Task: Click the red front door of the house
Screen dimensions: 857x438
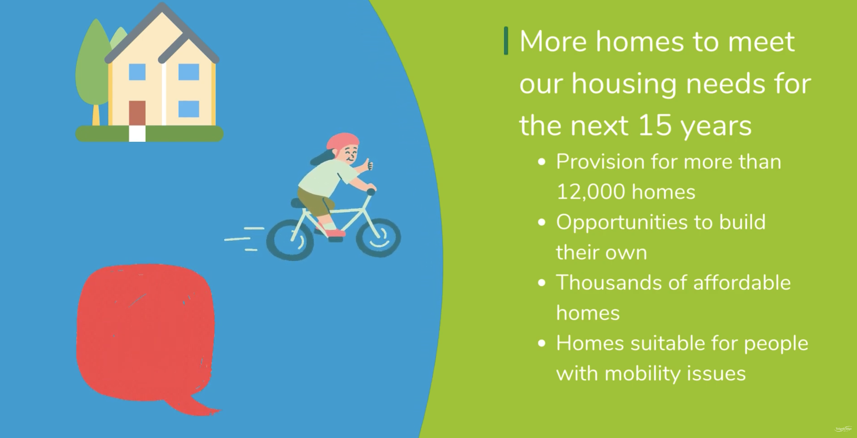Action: click(137, 113)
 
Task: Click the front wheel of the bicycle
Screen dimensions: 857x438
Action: click(378, 238)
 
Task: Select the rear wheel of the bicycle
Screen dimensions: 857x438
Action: click(290, 239)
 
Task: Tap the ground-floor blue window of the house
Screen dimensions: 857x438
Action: click(188, 109)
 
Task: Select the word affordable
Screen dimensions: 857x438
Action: click(742, 283)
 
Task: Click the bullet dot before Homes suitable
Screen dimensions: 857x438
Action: click(542, 344)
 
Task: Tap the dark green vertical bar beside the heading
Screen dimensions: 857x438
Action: click(506, 41)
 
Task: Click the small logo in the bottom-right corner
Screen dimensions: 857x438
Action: click(843, 429)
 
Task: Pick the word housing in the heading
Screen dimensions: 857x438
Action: click(625, 84)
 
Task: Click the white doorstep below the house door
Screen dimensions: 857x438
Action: click(137, 134)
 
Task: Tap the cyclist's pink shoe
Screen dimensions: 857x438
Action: click(335, 233)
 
